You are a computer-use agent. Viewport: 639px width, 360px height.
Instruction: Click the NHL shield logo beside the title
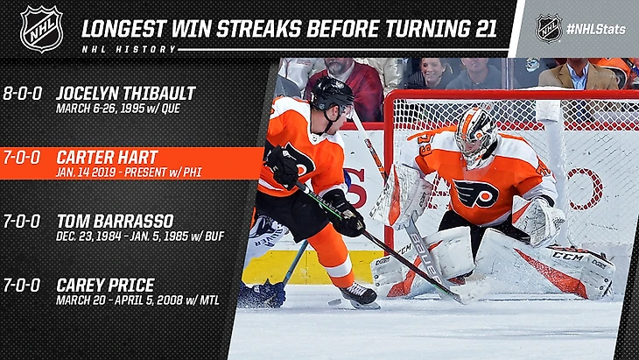pos(41,29)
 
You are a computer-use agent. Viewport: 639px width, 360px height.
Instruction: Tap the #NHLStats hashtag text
pos(596,29)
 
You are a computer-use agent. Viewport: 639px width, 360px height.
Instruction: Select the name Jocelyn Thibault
pos(126,94)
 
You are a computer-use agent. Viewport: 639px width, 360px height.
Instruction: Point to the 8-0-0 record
pos(23,94)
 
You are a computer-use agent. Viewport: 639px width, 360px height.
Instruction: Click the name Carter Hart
pos(107,158)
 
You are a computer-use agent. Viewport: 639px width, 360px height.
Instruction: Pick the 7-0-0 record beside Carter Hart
pos(22,158)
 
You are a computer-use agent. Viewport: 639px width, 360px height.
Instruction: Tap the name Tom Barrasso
pos(115,222)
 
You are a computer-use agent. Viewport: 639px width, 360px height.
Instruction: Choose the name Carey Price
pos(106,285)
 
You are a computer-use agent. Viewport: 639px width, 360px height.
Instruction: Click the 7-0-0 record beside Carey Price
pos(22,285)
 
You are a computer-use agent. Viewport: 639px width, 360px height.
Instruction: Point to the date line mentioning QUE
pos(118,109)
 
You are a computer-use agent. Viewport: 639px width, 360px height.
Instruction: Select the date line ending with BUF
pos(140,236)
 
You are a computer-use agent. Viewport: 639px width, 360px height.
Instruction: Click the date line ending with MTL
pos(137,300)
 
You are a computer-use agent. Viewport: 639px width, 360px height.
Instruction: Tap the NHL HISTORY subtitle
pos(129,49)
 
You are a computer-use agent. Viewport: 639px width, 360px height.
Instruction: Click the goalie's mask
pos(475,137)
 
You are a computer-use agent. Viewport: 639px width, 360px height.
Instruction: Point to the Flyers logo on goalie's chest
pos(475,194)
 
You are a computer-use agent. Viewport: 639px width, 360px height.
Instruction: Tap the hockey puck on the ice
pos(334,302)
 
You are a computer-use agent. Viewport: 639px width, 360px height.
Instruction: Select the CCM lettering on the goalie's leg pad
pos(568,257)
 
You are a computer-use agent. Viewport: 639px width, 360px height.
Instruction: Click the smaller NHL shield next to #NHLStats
pos(549,29)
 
